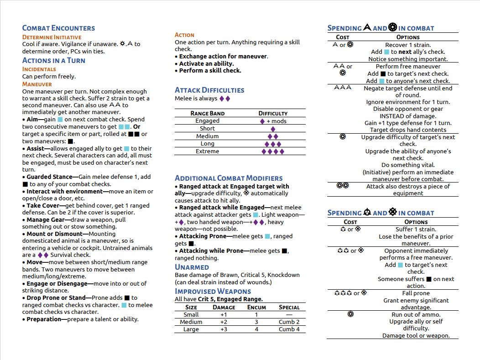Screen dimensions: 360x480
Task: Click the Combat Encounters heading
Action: point(58,28)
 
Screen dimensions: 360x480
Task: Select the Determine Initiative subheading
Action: point(52,37)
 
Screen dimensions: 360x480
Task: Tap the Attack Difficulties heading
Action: point(209,90)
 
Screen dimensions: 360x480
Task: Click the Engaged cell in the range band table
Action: point(207,121)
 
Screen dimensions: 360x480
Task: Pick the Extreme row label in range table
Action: point(207,151)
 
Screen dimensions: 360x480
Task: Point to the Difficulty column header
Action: point(273,113)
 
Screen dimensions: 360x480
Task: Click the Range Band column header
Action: point(207,113)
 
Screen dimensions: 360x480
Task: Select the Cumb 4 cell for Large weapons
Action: point(289,329)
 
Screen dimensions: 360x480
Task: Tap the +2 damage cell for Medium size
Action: point(224,322)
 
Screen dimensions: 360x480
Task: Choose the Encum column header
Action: point(256,307)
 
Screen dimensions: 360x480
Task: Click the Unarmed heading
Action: point(192,267)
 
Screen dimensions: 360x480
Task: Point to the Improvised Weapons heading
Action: point(213,291)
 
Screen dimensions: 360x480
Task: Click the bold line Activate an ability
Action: point(206,63)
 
